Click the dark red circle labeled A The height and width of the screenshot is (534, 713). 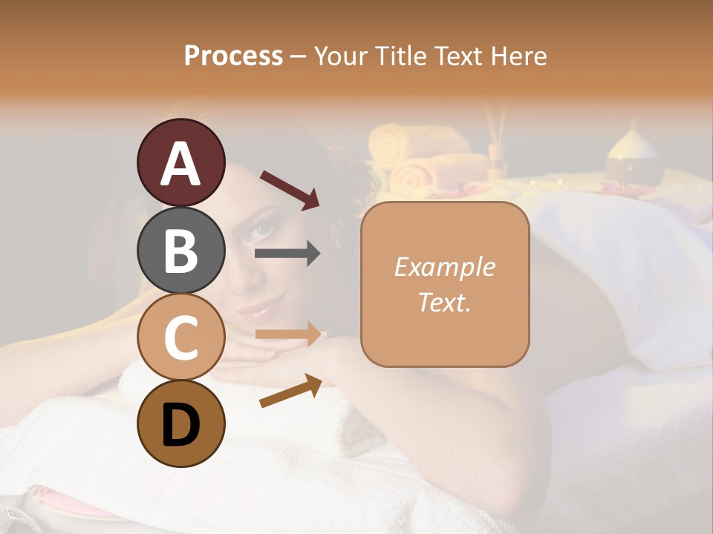[180, 162]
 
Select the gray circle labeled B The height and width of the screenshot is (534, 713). [180, 250]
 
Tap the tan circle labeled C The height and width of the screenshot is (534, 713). [180, 337]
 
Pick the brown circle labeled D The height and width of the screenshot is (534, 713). [180, 423]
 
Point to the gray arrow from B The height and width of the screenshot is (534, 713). [287, 254]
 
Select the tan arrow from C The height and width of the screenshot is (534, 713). [287, 334]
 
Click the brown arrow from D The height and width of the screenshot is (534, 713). [290, 391]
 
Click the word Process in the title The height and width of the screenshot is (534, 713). [233, 56]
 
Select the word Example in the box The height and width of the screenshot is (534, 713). [444, 267]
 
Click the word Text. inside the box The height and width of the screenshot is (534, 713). [444, 302]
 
